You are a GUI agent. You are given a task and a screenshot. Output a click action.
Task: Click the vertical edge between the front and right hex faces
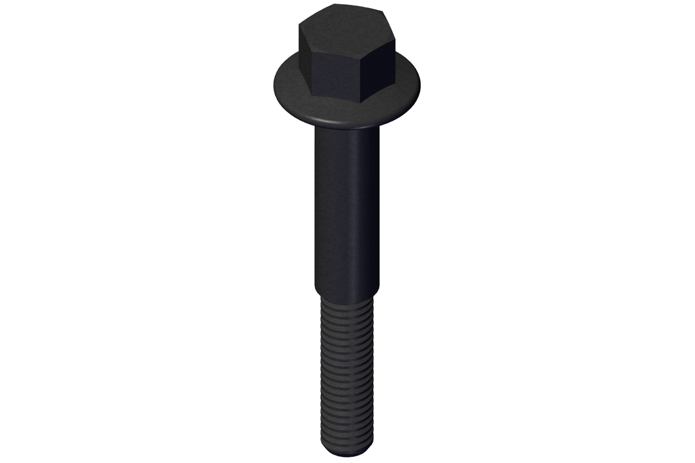click(362, 75)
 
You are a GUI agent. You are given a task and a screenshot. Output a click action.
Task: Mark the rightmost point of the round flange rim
click(420, 85)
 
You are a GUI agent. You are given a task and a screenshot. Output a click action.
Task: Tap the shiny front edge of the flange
click(339, 121)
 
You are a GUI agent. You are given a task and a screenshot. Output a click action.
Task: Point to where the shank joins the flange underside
click(347, 130)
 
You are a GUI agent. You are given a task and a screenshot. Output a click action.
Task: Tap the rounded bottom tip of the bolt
click(347, 453)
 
